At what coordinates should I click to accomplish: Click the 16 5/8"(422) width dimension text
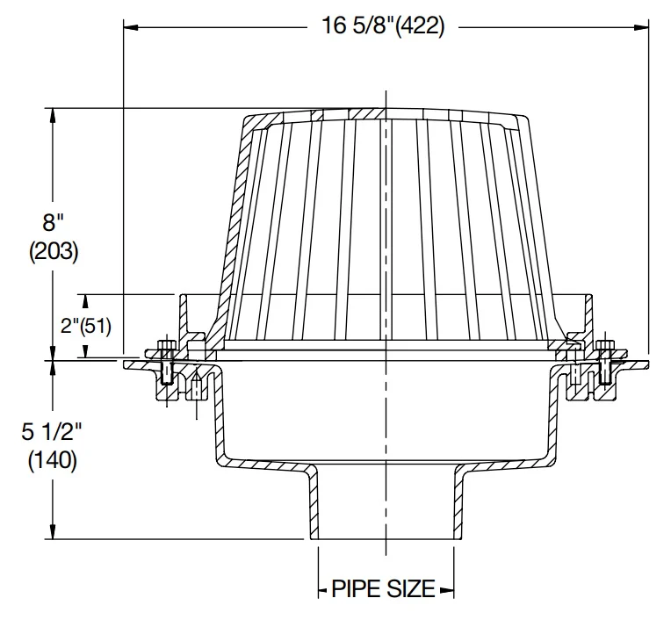(383, 26)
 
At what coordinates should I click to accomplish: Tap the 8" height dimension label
(53, 222)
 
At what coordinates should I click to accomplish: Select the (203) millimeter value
(54, 251)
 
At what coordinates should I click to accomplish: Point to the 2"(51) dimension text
(85, 326)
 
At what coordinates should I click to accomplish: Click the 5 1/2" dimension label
(51, 431)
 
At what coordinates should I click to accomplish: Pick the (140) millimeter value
(53, 460)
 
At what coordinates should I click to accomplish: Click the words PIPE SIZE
(384, 589)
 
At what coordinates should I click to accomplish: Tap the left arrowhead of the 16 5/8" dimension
(131, 28)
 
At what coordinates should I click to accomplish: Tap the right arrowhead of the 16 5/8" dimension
(641, 28)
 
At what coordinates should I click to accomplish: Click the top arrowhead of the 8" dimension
(53, 116)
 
